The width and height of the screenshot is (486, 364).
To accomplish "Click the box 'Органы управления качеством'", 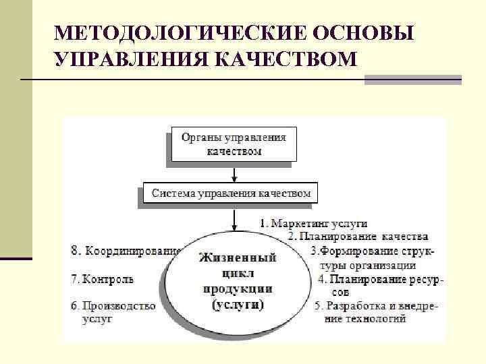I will tap(233, 144).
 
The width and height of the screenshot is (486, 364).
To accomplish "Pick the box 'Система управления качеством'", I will tap(231, 193).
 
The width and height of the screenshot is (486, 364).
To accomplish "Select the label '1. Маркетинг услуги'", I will tap(313, 222).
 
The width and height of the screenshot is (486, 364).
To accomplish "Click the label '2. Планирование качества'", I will tap(358, 237).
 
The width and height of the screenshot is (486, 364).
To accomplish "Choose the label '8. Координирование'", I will tap(126, 251).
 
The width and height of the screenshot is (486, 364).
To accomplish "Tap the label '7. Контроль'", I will tap(103, 278).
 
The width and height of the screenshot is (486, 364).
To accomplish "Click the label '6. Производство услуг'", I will tap(113, 312).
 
